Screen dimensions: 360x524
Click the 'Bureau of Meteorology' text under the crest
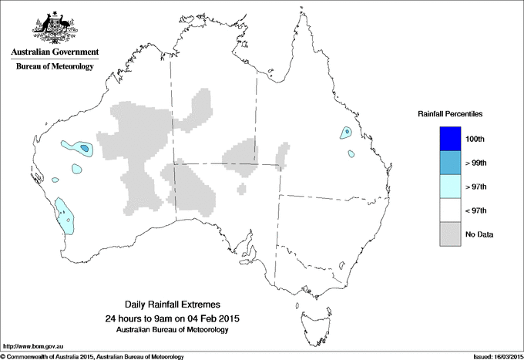point(55,66)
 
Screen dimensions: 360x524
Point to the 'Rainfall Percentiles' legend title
point(450,113)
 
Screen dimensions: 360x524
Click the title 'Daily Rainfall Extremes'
point(172,305)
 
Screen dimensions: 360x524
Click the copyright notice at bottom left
point(92,356)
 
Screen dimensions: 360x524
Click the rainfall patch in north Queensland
point(346,133)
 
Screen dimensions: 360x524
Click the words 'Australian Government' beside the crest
point(55,52)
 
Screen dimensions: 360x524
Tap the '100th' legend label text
point(476,139)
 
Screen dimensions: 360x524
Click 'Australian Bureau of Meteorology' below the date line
point(172,330)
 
